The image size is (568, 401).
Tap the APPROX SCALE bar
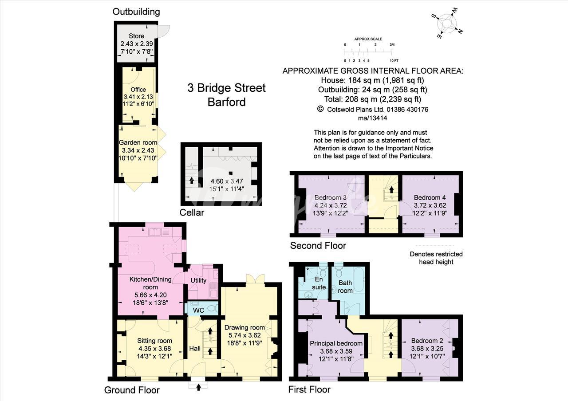(x=368, y=52)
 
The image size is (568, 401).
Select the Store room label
(x=136, y=36)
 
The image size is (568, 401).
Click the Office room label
(x=138, y=90)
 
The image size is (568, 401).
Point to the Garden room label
(x=138, y=142)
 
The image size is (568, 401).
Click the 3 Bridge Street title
(x=226, y=88)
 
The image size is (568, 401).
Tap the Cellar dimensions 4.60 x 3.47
(x=227, y=181)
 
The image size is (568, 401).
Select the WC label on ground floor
(x=198, y=311)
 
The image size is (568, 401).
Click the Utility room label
(x=198, y=280)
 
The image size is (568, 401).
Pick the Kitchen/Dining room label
(x=150, y=283)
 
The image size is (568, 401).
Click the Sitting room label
(x=155, y=341)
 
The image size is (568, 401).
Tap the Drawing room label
(x=245, y=327)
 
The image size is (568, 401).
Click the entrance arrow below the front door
(x=198, y=387)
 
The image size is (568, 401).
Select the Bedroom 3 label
(x=331, y=197)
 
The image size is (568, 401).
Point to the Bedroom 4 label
(x=430, y=197)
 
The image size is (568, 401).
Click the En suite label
(x=319, y=283)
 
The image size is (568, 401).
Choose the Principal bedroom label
(x=336, y=343)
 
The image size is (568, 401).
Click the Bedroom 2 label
(x=427, y=341)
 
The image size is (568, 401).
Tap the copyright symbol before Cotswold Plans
(x=320, y=109)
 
